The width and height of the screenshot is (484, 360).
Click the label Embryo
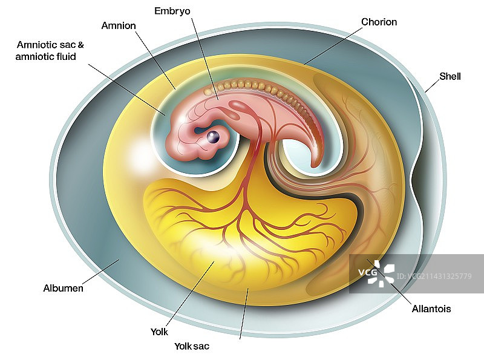(172, 11)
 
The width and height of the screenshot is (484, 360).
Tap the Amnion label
(119, 25)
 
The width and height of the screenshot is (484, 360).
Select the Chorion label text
(379, 22)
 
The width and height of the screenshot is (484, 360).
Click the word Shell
(450, 76)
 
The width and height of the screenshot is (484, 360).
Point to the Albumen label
(64, 288)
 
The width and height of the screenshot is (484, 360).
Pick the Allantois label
(431, 309)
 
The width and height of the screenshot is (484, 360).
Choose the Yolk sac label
(192, 346)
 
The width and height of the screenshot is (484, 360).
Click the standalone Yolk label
(159, 332)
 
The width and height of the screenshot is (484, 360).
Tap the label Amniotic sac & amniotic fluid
(51, 51)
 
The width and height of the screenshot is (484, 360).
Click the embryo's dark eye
(212, 138)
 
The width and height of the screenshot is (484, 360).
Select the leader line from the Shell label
(433, 85)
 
